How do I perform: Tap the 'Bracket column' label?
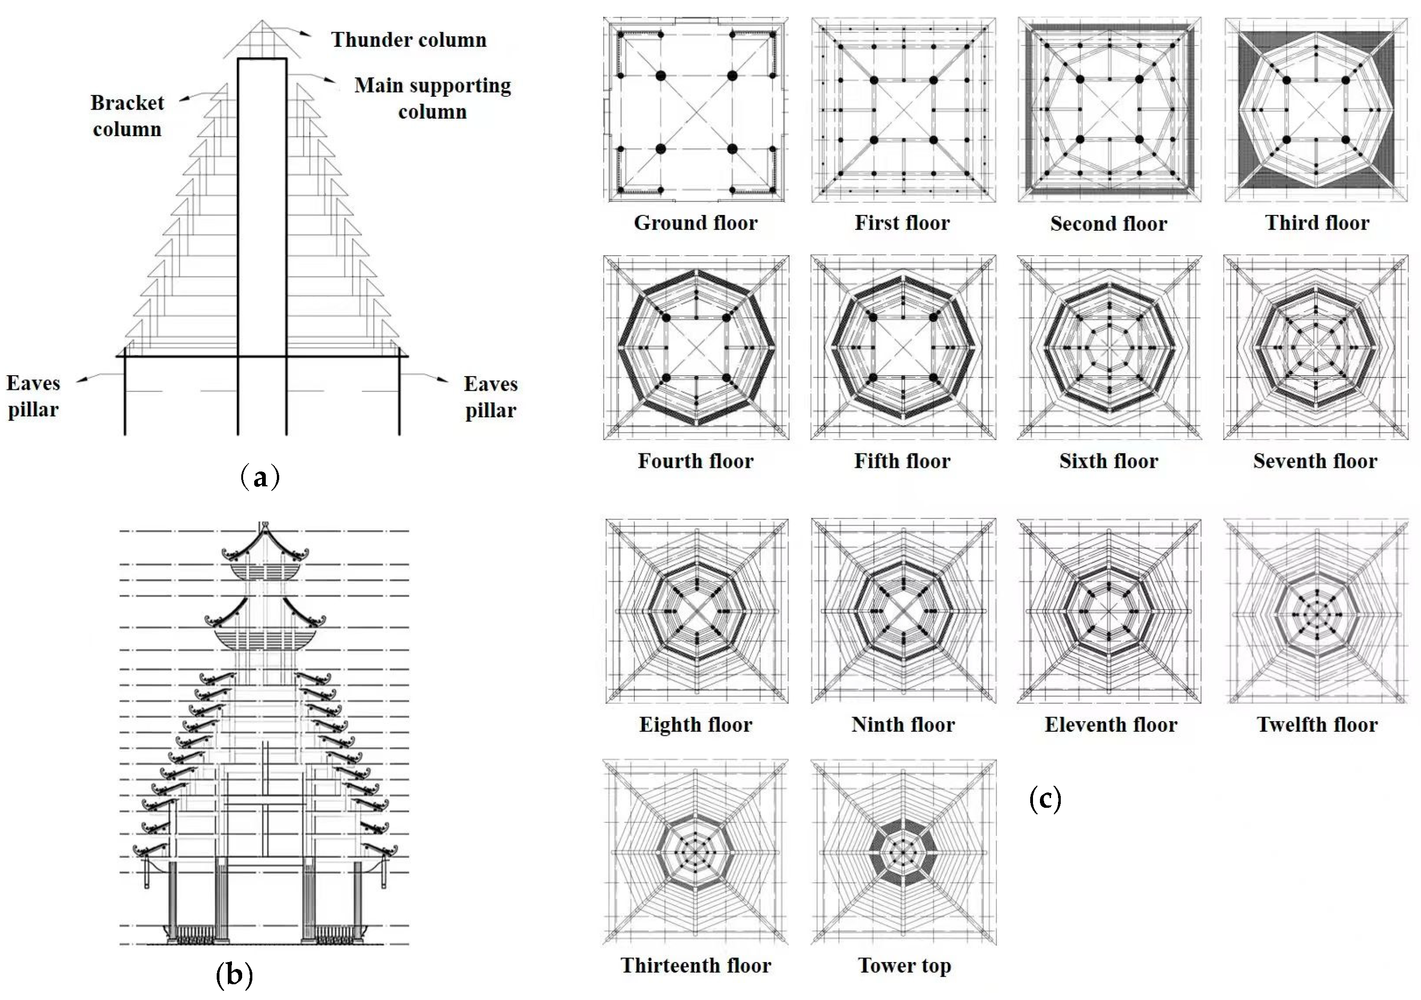tap(127, 116)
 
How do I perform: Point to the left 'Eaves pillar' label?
tap(33, 396)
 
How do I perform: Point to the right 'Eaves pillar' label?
tap(490, 397)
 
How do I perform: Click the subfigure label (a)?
tap(260, 478)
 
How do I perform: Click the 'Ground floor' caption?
tap(695, 223)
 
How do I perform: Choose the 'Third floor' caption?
tap(1317, 223)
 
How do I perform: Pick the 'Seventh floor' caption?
tap(1315, 461)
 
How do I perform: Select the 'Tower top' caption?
tap(904, 965)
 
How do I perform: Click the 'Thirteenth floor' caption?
tap(695, 965)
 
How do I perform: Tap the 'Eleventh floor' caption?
tap(1111, 724)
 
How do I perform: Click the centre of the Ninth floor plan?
tap(904, 611)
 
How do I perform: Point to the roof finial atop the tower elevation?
tap(264, 526)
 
